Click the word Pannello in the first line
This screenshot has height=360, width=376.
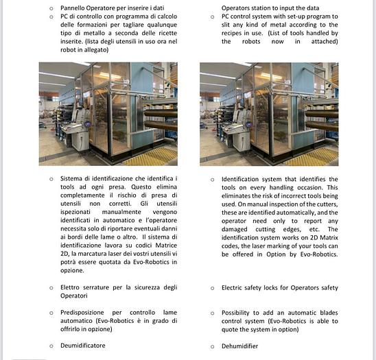(72, 8)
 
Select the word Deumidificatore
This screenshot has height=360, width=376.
(83, 346)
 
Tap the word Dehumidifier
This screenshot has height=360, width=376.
(239, 346)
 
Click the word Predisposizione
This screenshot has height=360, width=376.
(82, 313)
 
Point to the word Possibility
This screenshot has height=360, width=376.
(235, 313)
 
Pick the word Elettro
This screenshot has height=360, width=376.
(70, 287)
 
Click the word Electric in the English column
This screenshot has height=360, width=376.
(231, 287)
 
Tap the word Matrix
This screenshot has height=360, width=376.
(329, 237)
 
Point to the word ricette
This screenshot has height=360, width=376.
(168, 33)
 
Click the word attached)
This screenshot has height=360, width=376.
(325, 41)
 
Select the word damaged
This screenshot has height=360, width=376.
(234, 230)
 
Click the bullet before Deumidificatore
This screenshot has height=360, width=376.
(51, 346)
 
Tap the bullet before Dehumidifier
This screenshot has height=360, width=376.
(212, 346)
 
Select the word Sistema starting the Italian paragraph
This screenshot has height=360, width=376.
(71, 178)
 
